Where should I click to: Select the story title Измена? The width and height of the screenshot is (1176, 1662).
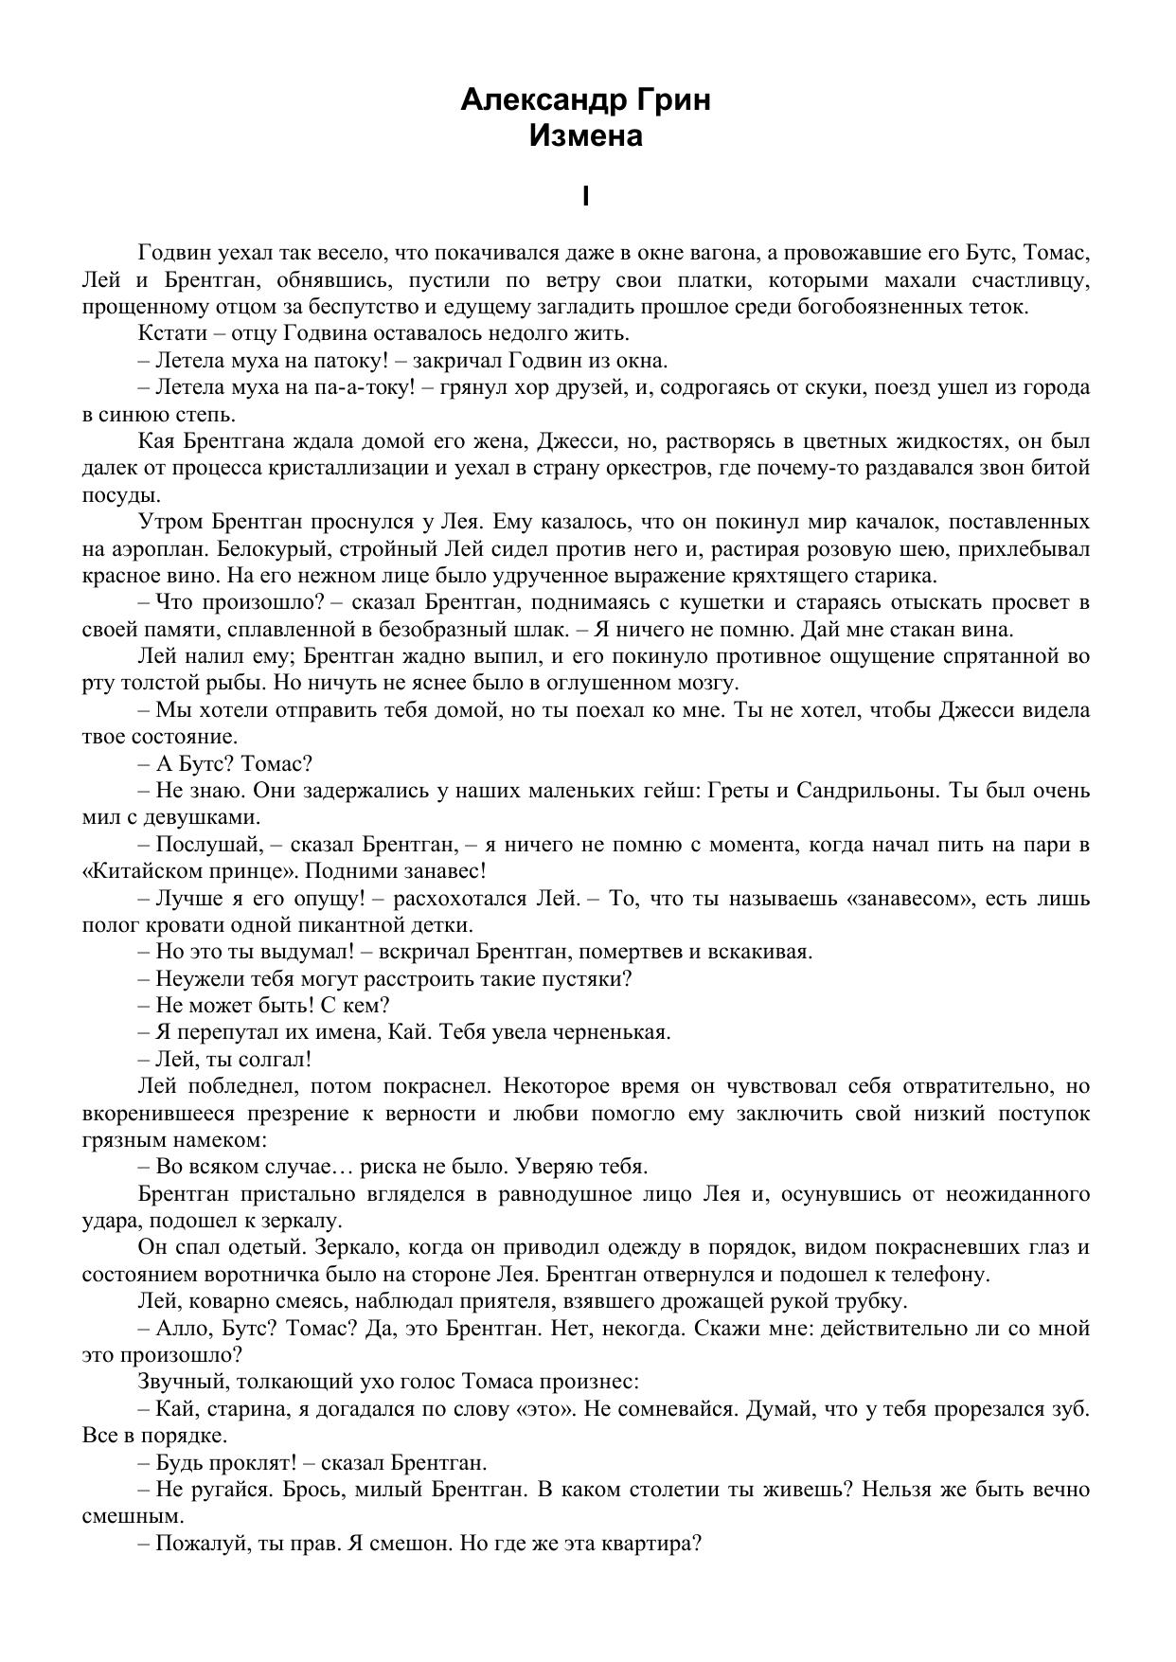[586, 135]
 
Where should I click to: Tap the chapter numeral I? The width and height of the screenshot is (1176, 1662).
[586, 196]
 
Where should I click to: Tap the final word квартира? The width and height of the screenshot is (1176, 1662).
[651, 1543]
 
